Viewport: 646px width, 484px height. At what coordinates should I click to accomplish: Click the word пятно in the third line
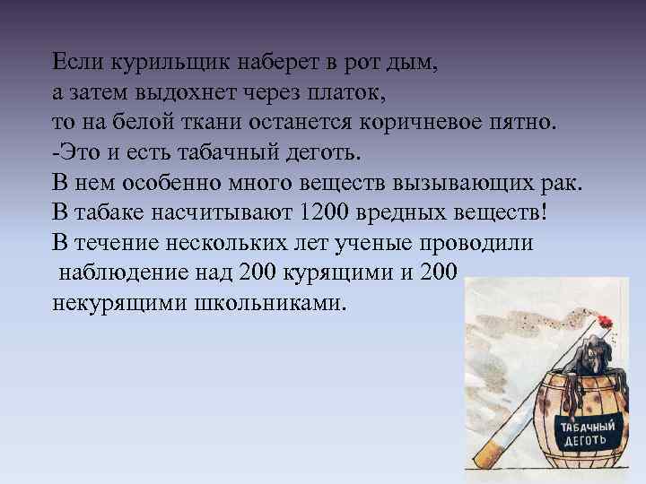(x=532, y=121)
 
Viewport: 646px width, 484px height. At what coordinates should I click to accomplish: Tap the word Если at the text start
(x=77, y=64)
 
